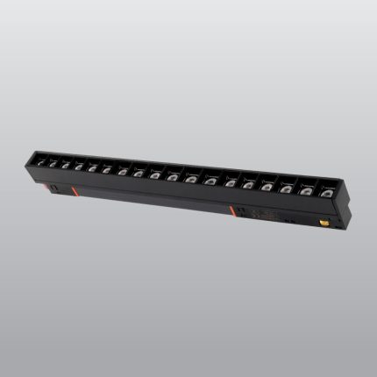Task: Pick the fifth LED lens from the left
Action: [92, 167]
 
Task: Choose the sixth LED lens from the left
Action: [106, 168]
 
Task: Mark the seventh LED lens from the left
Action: [121, 170]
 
